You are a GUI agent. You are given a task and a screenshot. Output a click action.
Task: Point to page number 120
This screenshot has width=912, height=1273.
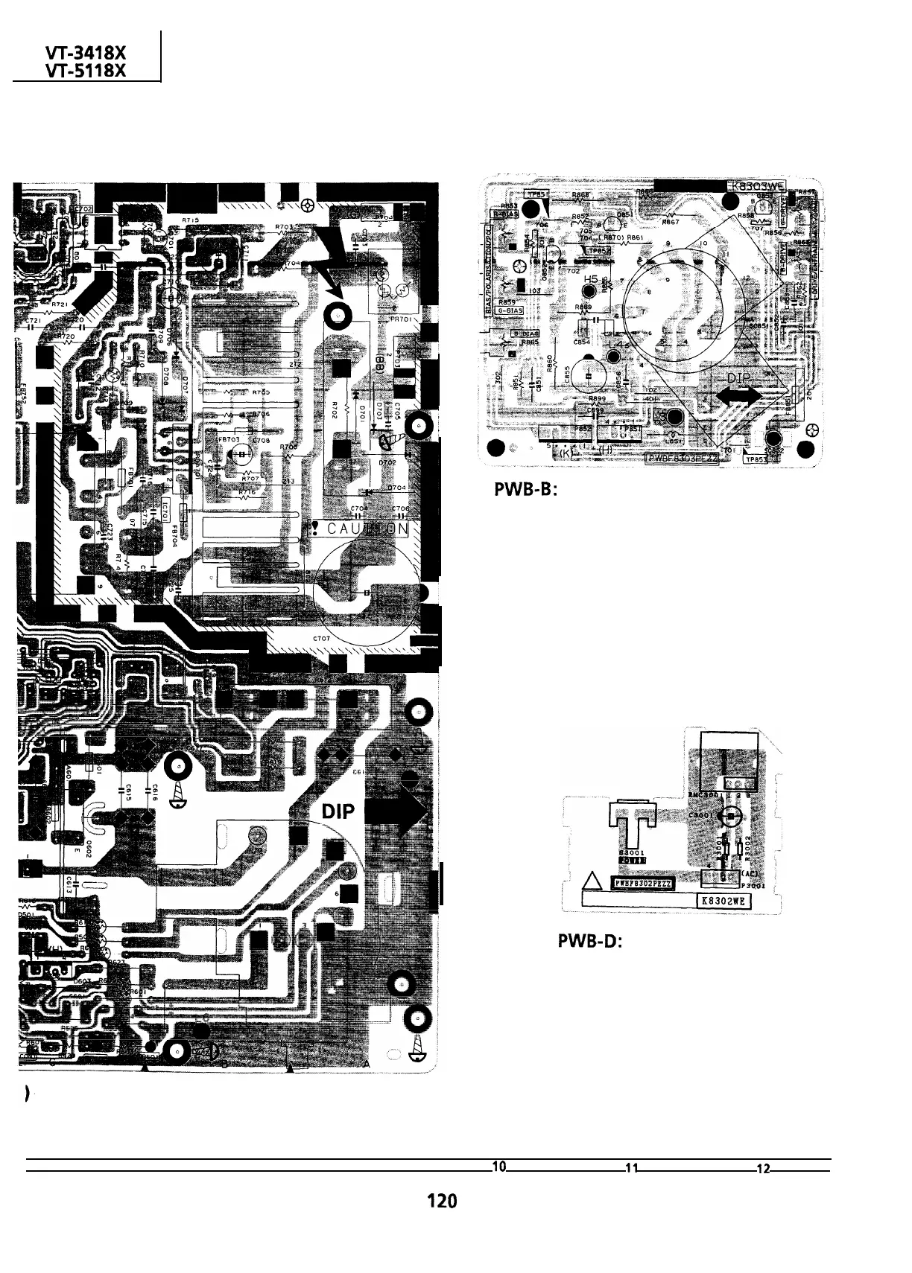coord(441,1200)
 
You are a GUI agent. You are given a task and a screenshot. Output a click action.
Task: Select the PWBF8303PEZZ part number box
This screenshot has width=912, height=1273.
coord(682,460)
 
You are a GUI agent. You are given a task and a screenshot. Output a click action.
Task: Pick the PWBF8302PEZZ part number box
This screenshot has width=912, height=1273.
coord(642,883)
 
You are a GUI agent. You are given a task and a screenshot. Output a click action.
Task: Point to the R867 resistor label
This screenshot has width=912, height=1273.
coord(671,221)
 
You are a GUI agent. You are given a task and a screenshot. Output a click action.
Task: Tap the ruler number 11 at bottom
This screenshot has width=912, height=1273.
coord(630,1167)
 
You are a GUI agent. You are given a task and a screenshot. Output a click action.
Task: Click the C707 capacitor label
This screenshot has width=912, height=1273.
coord(320,639)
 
